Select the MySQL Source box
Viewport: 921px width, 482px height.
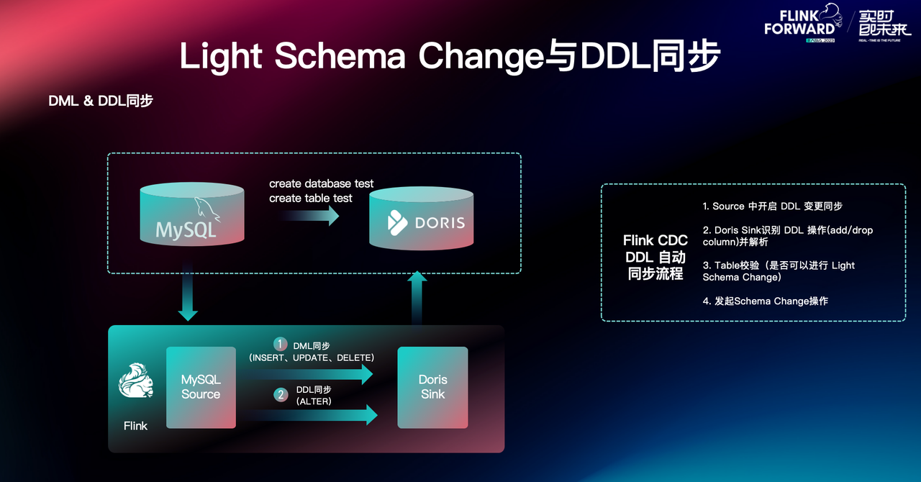[x=201, y=387]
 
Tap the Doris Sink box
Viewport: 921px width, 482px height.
[x=432, y=387]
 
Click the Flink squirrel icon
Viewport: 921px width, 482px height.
[x=136, y=381]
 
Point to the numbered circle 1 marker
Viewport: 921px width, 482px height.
[x=281, y=344]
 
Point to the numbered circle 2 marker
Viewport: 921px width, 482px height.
[x=281, y=394]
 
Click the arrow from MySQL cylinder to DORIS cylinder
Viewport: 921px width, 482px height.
[x=310, y=215]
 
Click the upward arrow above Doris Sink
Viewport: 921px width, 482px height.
[x=418, y=297]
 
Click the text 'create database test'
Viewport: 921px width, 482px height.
[x=322, y=183]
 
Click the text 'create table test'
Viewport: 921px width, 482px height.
[x=311, y=198]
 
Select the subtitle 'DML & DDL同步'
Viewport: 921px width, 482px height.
[x=101, y=101]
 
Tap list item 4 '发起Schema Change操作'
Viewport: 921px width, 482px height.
[x=766, y=301]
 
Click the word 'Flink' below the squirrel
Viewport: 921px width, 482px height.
[x=135, y=426]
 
